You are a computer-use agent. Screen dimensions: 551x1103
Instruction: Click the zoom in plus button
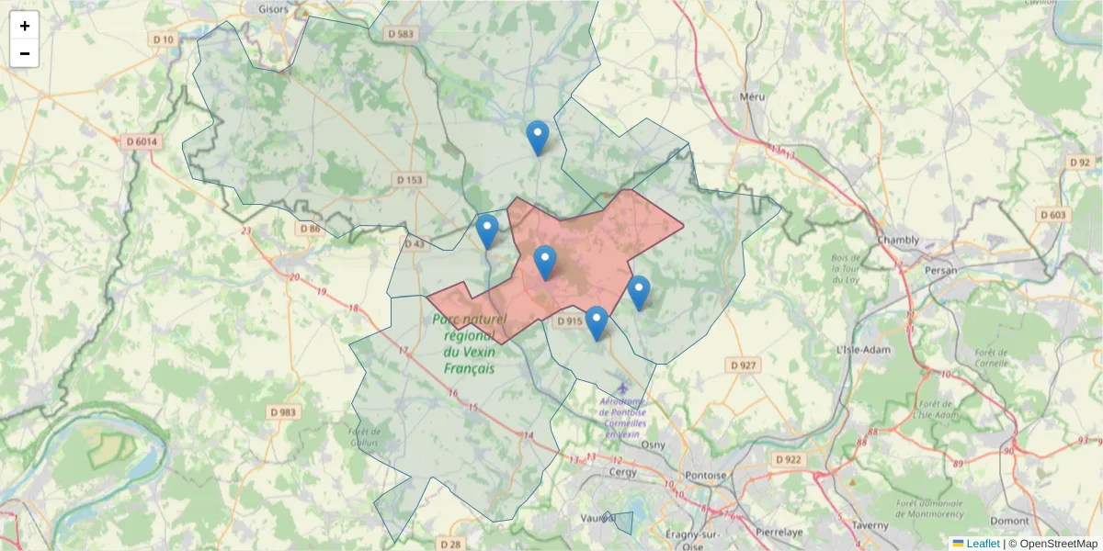(24, 26)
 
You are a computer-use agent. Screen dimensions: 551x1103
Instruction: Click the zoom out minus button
(24, 53)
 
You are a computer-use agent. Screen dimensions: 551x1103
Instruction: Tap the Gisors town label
(274, 9)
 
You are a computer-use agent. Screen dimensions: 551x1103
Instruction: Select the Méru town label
(752, 96)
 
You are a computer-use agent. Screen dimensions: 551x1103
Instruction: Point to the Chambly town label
(898, 241)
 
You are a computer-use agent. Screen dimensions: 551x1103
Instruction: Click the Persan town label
(942, 270)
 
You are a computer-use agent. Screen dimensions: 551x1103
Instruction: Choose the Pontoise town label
(707, 475)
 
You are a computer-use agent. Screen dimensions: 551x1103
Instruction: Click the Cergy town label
(623, 472)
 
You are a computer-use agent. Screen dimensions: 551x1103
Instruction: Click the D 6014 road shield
(140, 141)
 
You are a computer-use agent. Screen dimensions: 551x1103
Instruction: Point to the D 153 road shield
(409, 180)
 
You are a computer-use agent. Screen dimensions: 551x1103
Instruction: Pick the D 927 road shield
(743, 365)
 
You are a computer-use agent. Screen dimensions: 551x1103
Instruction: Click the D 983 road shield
(284, 412)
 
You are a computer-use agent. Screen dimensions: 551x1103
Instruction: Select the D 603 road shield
(1054, 214)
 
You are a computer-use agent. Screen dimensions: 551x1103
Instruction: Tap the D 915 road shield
(570, 320)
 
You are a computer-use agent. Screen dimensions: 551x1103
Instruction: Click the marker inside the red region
(545, 263)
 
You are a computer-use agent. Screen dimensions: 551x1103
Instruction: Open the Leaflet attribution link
(983, 544)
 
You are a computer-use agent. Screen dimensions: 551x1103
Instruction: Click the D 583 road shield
(402, 34)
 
